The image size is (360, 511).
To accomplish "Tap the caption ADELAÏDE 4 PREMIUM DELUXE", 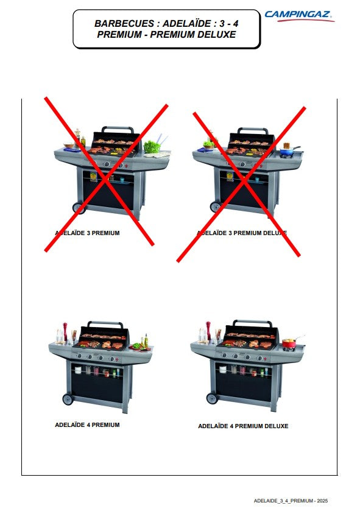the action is [243, 426].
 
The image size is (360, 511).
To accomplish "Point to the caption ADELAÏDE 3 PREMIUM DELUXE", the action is [242, 233].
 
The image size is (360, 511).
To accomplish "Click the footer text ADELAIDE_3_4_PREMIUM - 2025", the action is [291, 501].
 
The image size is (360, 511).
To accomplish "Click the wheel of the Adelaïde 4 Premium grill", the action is [68, 399].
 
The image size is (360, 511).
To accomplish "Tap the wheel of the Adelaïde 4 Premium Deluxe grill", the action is [212, 398].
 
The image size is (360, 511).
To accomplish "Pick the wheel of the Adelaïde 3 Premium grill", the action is [79, 208].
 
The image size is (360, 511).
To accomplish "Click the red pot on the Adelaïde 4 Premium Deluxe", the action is [289, 343].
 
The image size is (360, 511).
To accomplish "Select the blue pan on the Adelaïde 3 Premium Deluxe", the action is [288, 151].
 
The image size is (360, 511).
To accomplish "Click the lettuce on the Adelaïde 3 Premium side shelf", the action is [152, 147].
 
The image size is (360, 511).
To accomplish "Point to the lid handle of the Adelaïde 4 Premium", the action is [105, 323].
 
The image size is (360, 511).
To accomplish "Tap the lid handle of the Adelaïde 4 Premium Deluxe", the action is [253, 322].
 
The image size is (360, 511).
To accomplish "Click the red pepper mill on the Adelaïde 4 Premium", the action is [65, 331].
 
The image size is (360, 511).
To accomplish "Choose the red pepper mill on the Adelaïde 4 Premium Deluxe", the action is [208, 331].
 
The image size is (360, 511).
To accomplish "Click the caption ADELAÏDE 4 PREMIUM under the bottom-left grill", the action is [87, 425].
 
